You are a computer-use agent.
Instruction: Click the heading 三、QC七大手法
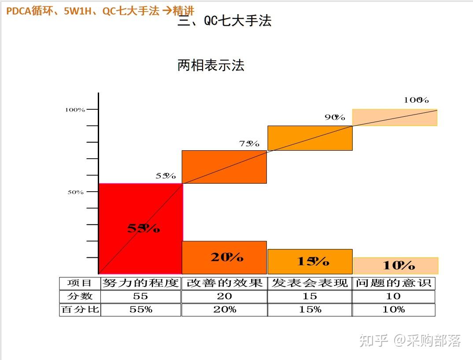click(225, 21)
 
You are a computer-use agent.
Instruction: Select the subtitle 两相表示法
click(211, 66)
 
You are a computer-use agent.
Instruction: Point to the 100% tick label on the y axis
click(75, 110)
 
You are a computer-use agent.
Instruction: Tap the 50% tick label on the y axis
click(76, 192)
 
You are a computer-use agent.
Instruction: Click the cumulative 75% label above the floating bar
click(249, 144)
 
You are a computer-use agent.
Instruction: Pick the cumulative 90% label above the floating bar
click(335, 117)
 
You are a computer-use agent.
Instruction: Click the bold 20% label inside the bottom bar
click(227, 257)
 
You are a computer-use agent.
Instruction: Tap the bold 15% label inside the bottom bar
click(313, 261)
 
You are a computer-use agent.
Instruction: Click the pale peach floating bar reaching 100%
click(395, 118)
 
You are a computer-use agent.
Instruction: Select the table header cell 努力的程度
click(140, 283)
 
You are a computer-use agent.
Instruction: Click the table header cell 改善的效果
click(224, 283)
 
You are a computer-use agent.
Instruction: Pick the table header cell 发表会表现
click(310, 283)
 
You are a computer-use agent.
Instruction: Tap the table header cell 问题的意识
click(393, 283)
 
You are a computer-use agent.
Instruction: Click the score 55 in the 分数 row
click(140, 297)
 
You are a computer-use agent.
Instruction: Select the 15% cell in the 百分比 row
click(310, 310)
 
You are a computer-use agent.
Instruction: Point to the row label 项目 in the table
click(80, 283)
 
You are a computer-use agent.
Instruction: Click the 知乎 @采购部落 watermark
click(410, 340)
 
